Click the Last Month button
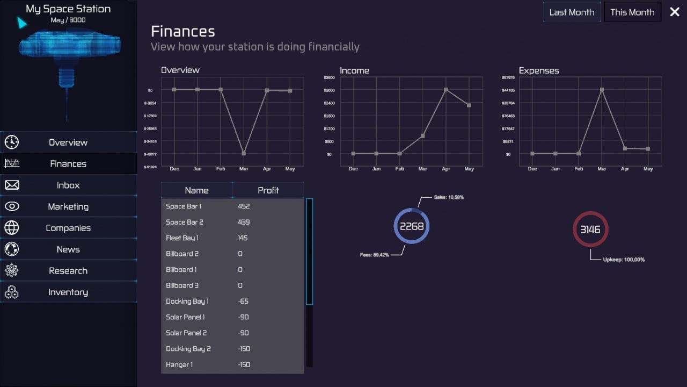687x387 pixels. (572, 12)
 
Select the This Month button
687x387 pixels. (632, 12)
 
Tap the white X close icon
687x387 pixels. (675, 12)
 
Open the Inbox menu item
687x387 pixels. (68, 185)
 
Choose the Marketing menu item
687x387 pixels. (68, 206)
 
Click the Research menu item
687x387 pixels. (68, 270)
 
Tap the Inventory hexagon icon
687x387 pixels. (12, 292)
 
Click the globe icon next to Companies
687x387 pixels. (12, 228)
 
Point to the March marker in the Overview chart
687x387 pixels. (244, 153)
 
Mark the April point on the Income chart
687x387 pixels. (446, 90)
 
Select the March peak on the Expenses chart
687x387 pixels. (602, 90)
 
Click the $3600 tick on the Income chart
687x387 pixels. (329, 77)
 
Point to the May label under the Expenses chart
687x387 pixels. (648, 169)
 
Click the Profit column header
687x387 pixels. (268, 190)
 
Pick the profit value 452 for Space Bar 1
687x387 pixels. (244, 206)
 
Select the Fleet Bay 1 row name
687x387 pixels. (182, 238)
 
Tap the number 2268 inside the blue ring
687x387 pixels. (412, 226)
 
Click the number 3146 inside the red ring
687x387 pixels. (590, 230)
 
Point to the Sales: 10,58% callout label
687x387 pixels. (449, 197)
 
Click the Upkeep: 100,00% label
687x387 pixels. (624, 260)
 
